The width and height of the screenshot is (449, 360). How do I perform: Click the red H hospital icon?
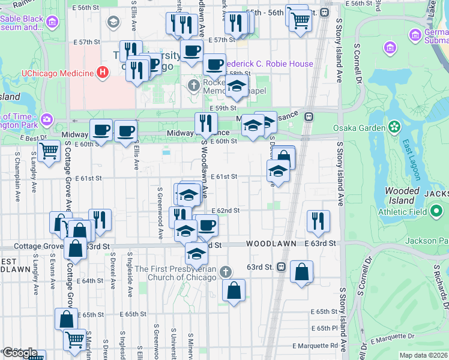point(103,73)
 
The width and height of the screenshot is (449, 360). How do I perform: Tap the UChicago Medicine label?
point(57,74)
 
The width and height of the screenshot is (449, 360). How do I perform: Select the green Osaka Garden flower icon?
point(394,127)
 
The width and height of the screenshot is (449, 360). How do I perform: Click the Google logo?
point(19,353)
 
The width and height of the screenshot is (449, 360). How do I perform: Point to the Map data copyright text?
point(423,355)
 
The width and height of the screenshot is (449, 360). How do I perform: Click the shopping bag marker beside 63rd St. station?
point(301,272)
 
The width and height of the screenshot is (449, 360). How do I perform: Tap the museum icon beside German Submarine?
point(390,47)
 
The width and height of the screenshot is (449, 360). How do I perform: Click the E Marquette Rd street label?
point(315,346)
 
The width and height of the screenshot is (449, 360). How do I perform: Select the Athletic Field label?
point(403,212)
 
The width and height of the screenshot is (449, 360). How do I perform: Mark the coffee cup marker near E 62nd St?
point(206,226)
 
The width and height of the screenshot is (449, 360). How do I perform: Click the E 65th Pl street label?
point(324,328)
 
